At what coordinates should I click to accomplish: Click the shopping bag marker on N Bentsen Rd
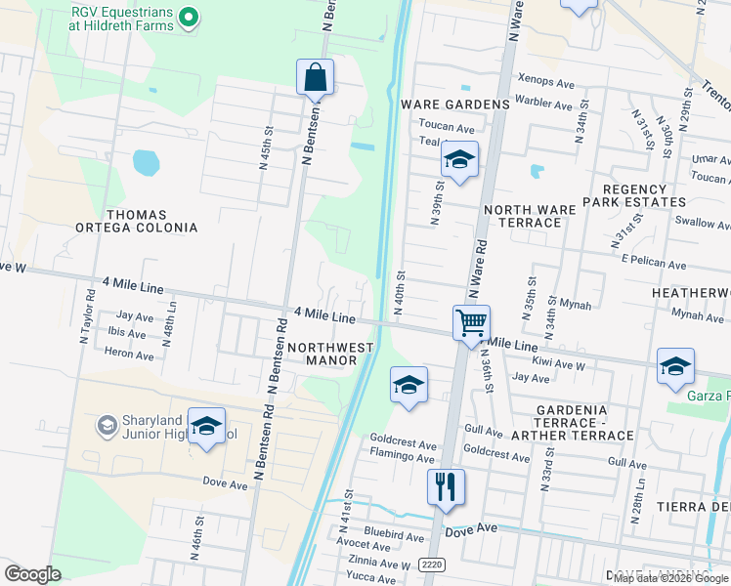click(315, 77)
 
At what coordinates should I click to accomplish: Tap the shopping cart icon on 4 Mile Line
click(471, 321)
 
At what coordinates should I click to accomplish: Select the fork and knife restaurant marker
click(446, 485)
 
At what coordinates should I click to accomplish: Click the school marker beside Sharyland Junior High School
click(206, 426)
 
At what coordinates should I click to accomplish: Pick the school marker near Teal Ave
click(458, 159)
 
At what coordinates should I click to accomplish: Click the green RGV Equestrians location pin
click(192, 17)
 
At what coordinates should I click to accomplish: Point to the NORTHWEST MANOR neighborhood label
click(330, 354)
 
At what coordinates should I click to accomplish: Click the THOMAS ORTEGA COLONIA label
click(151, 221)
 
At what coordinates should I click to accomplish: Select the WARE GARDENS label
click(454, 104)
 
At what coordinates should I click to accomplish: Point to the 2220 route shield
click(431, 565)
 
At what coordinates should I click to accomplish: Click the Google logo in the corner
click(32, 574)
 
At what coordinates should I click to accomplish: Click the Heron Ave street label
click(131, 356)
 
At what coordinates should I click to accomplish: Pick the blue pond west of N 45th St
click(146, 162)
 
